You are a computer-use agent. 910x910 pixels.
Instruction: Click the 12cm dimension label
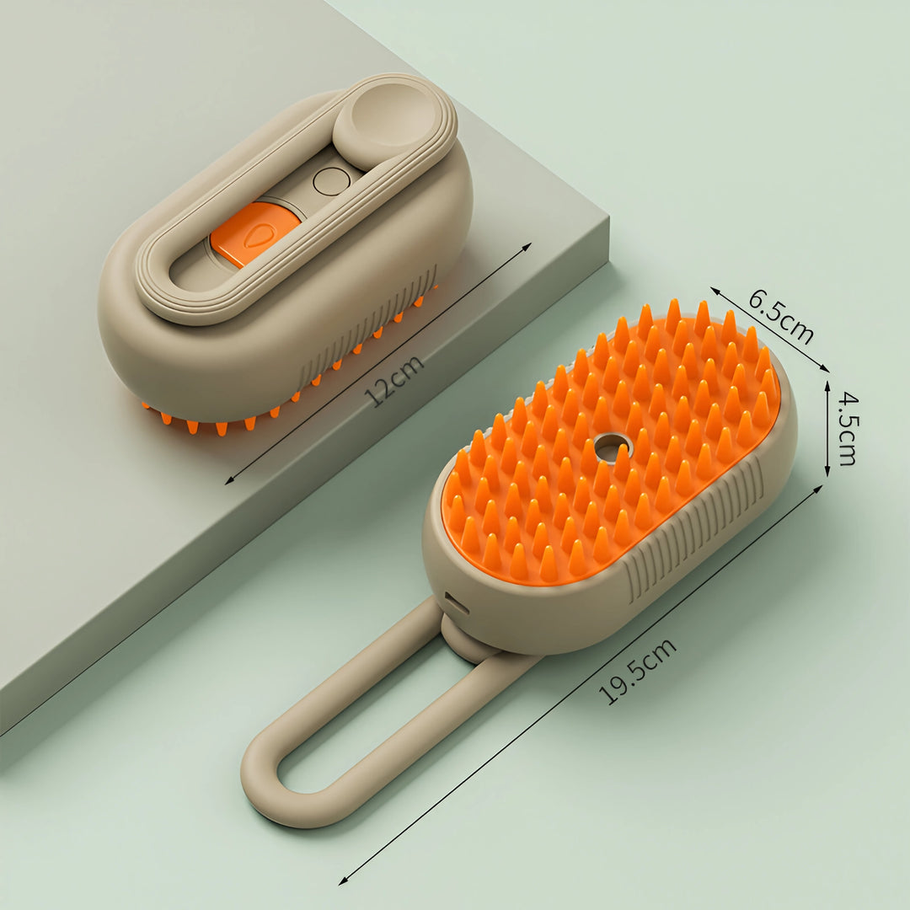click(394, 380)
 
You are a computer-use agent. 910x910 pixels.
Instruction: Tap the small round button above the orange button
click(331, 181)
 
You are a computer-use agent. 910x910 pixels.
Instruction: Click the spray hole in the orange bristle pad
click(612, 447)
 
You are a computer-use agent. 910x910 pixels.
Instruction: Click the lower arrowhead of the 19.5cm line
click(342, 881)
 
